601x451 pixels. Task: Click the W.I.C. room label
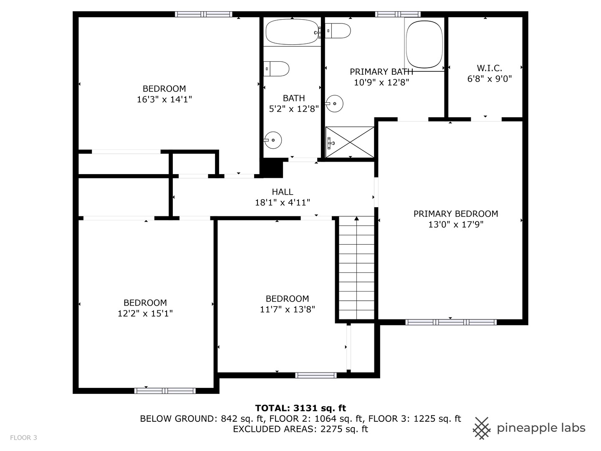(489, 68)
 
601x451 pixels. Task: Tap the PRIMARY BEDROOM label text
(456, 214)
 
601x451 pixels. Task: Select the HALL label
(283, 192)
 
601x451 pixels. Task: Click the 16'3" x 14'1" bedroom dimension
(164, 99)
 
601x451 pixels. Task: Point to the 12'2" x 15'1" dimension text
(145, 314)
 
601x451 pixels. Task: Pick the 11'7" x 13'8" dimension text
(287, 309)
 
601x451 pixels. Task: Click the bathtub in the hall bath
(292, 32)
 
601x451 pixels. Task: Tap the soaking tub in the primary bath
(424, 44)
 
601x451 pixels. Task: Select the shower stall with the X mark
(350, 142)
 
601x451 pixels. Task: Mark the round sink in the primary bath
(335, 103)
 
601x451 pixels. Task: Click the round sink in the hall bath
(273, 140)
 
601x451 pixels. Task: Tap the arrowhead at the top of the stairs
(356, 218)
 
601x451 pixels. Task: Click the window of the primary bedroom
(451, 322)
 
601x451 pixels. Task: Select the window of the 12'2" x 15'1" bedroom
(165, 391)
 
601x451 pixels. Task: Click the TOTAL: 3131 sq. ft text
(300, 408)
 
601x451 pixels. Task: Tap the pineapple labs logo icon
(482, 428)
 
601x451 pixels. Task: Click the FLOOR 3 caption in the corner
(23, 438)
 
